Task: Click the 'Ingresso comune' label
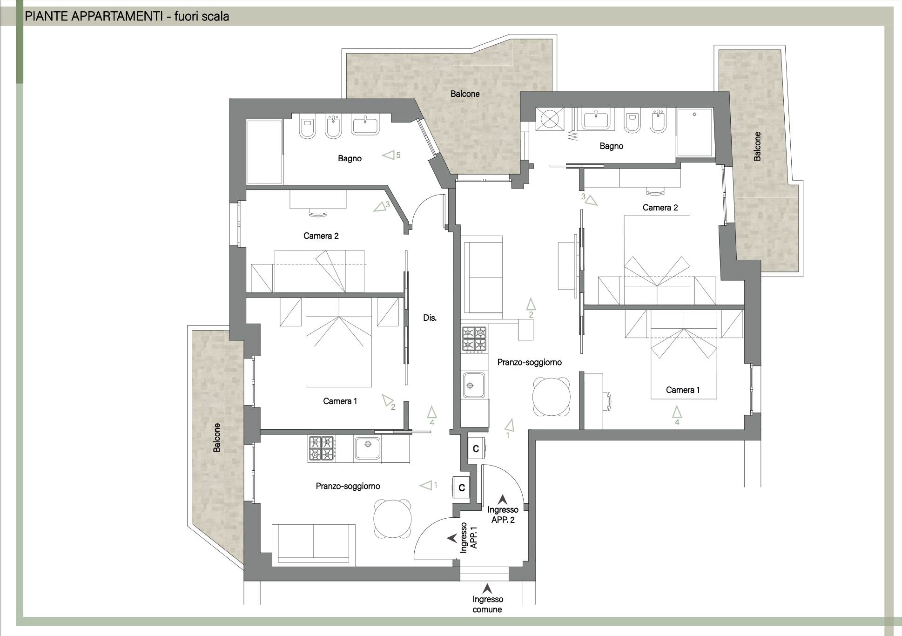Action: point(487,604)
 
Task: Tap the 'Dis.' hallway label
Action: point(430,318)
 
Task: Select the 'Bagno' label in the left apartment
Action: point(350,159)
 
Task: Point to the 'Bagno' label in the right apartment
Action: point(611,146)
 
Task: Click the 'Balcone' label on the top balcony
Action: point(465,94)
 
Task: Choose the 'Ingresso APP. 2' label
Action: point(503,515)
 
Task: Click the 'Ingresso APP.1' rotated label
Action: point(469,537)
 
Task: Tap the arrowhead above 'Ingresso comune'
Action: point(487,589)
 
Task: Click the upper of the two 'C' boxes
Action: point(476,449)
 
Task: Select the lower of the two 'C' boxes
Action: point(462,487)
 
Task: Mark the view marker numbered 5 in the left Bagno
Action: point(391,155)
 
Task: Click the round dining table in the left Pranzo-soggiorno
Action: point(393,518)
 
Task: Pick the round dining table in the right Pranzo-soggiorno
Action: point(552,397)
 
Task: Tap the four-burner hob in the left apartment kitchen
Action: point(321,449)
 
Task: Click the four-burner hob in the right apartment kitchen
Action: point(474,339)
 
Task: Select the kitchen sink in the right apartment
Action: point(474,386)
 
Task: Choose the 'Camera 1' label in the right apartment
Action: point(683,390)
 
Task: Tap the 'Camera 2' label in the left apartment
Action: point(321,236)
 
